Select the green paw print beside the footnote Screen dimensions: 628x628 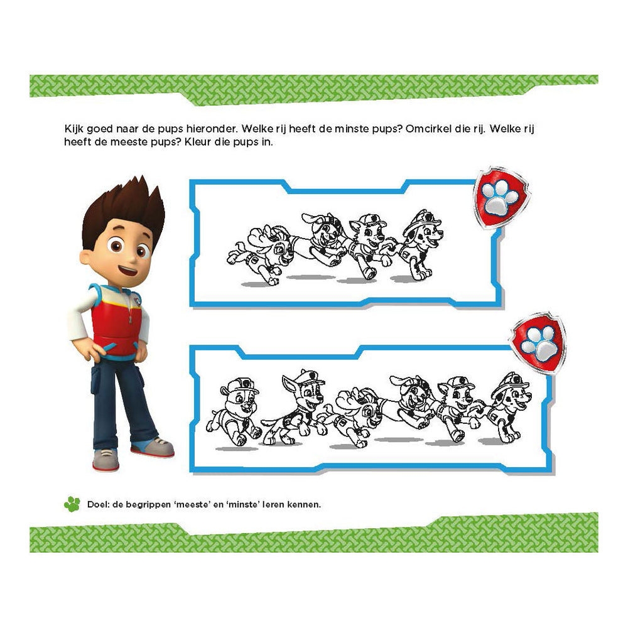tap(72, 504)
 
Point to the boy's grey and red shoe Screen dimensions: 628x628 tap(106, 459)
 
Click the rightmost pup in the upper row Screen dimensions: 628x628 tap(416, 245)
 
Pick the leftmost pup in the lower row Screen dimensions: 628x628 tap(234, 408)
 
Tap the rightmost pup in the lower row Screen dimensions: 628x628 tap(506, 405)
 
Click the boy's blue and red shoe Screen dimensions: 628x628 tap(153, 447)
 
